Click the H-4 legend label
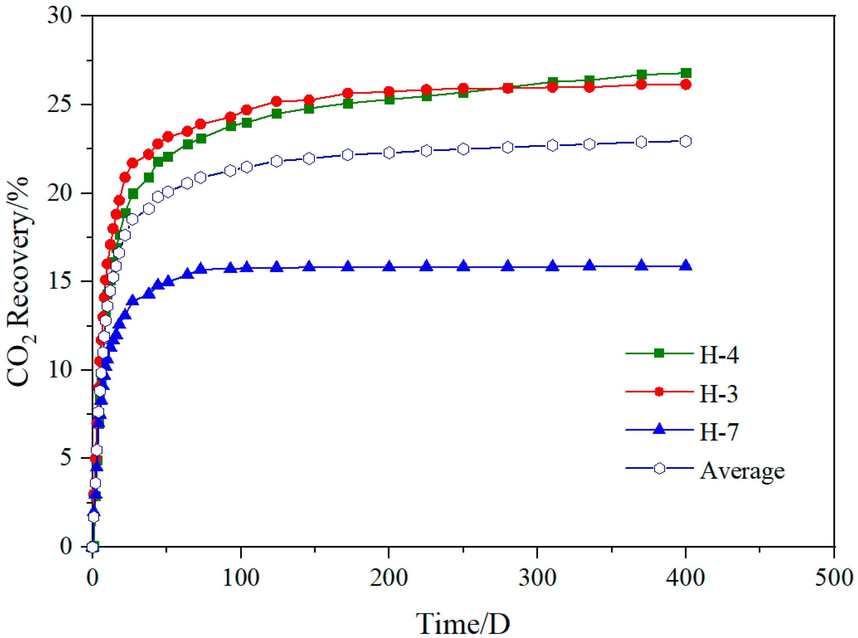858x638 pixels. point(719,355)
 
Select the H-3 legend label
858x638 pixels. point(718,394)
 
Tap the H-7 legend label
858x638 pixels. point(719,432)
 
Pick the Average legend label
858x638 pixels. point(742,471)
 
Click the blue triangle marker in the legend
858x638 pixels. point(659,430)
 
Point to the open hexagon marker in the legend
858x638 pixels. point(659,468)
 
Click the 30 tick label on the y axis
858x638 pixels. point(60,16)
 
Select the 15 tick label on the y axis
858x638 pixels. point(60,281)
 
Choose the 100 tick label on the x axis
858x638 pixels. point(241,578)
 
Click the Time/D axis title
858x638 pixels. point(463,623)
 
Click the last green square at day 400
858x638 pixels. point(686,73)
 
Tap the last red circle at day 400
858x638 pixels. point(686,84)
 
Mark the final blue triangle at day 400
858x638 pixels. point(686,266)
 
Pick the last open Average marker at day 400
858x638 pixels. point(686,141)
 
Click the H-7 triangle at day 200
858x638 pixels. point(389,266)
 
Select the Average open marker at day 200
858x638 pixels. point(389,153)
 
